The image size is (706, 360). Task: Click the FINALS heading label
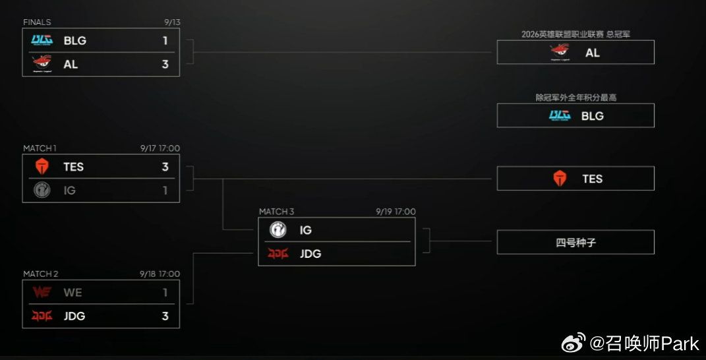tap(37, 22)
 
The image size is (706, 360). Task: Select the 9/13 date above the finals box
tap(173, 22)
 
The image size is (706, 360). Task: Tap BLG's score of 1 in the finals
tap(165, 41)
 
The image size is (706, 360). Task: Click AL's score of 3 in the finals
tap(165, 65)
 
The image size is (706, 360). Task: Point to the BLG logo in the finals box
tap(42, 40)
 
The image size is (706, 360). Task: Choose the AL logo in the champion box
tap(560, 52)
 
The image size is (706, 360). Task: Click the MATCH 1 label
tap(40, 148)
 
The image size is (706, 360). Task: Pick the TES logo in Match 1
tap(42, 166)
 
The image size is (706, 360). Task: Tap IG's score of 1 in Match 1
tap(165, 191)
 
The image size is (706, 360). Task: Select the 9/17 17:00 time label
tap(160, 148)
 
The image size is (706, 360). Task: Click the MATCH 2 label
tap(40, 274)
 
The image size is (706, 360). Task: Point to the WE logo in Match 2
tap(42, 292)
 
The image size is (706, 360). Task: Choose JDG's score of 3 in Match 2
tap(165, 316)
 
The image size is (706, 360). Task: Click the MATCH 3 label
tap(276, 211)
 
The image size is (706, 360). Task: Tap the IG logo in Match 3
tap(278, 230)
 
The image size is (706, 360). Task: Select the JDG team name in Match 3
tap(310, 254)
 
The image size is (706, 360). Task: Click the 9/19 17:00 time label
tap(396, 211)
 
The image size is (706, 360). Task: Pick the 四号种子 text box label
tap(576, 243)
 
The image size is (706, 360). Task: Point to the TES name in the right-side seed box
tap(592, 179)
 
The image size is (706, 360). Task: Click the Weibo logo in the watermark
tap(574, 343)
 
